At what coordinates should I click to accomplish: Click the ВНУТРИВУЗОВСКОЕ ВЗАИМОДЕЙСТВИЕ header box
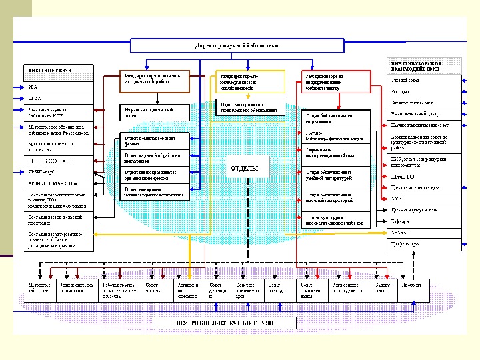pyautogui.click(x=424, y=65)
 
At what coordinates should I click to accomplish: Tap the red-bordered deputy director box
pyautogui.click(x=327, y=81)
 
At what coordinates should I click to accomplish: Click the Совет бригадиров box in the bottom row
pyautogui.click(x=281, y=287)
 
